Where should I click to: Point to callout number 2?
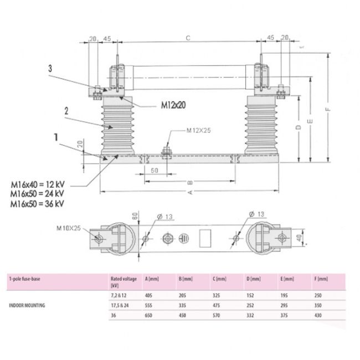click(x=66, y=110)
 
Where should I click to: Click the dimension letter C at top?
click(x=188, y=38)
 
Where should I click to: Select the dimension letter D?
click(x=299, y=127)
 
